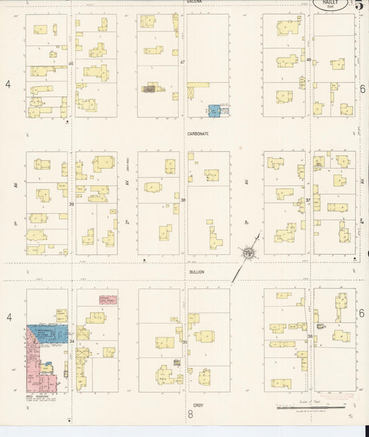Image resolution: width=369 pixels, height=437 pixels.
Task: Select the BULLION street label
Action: tap(196, 272)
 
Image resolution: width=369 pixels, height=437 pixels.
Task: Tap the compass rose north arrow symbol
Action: tap(247, 254)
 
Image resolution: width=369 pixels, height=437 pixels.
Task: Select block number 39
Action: tap(71, 205)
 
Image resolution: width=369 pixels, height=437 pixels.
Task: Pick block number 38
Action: tap(183, 201)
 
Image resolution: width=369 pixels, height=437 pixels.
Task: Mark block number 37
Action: tap(308, 201)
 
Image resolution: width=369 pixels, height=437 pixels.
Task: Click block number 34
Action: tap(71, 342)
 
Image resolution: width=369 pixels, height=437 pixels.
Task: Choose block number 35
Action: tap(184, 342)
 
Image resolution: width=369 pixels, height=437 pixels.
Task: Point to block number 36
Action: tap(309, 337)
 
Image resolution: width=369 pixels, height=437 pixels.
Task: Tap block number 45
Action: tap(71, 64)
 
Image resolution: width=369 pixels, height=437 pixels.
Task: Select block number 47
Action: tap(183, 63)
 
